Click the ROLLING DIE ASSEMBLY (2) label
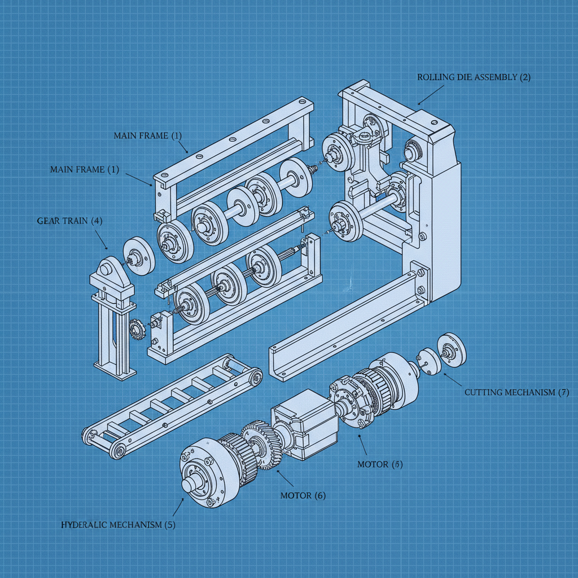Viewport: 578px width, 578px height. [x=474, y=77]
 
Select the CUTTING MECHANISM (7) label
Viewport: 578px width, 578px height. [x=516, y=392]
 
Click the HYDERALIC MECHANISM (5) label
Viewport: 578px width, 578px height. [x=118, y=525]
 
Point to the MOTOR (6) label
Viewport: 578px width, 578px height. [x=303, y=495]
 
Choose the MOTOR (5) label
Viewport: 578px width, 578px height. [x=380, y=464]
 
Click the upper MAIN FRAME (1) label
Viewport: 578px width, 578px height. [x=148, y=135]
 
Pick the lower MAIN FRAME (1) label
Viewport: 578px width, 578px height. [x=85, y=169]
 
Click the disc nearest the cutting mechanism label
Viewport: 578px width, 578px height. [x=452, y=350]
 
